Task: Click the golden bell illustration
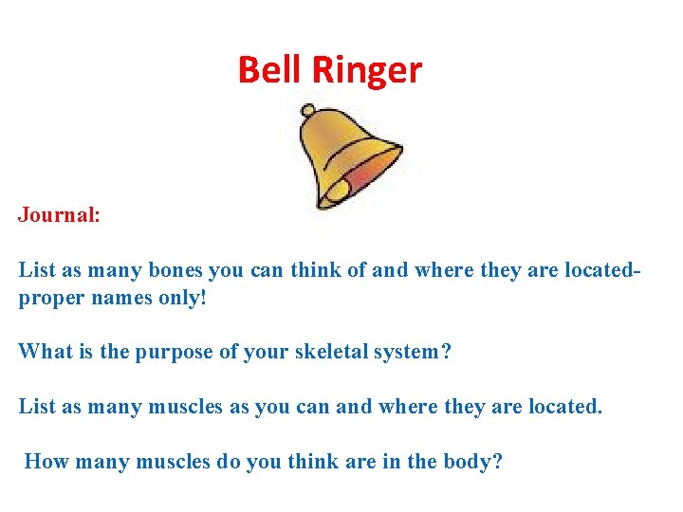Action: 346,157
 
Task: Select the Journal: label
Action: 59,215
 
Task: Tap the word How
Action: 44,462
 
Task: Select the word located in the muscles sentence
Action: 563,407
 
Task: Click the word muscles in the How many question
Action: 174,462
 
